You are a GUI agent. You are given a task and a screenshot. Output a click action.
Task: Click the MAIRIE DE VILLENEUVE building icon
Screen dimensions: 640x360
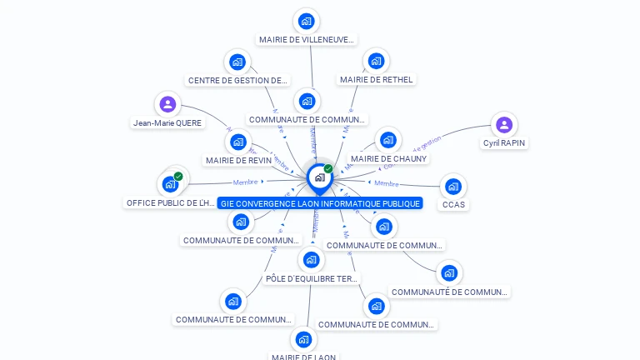pos(307,21)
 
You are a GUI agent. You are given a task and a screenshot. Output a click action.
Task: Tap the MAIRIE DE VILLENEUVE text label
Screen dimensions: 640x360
pos(307,39)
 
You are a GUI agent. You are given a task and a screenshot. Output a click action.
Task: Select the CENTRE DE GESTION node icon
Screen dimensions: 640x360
pos(237,62)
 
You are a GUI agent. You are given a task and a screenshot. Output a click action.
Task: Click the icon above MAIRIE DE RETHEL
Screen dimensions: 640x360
pos(376,60)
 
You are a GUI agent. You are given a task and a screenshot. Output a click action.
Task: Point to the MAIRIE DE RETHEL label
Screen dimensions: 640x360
pos(376,80)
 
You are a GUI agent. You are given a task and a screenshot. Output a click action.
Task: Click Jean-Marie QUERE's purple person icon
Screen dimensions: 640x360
pos(167,104)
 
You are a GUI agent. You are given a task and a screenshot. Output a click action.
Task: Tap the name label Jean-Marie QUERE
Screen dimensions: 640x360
pos(167,122)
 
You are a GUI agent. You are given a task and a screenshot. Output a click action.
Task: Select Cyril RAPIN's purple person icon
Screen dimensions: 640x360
pos(503,125)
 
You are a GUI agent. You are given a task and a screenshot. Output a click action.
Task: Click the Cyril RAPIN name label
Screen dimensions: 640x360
pos(504,143)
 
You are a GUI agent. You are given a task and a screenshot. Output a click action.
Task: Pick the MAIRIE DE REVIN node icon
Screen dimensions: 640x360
pos(238,142)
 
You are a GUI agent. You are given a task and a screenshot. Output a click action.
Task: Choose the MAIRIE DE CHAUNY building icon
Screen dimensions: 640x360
pos(387,140)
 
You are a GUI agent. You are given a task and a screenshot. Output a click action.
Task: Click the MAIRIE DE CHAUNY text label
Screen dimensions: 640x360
pos(388,159)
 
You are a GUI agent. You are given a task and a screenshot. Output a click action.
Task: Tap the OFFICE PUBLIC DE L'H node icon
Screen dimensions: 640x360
pos(169,184)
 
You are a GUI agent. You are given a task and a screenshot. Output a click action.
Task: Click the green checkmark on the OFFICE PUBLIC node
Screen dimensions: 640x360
pos(178,177)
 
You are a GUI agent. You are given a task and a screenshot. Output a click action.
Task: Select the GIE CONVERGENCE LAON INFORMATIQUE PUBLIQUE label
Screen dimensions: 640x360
pos(320,203)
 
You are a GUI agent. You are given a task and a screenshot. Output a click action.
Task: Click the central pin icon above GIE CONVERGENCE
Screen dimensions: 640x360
pos(319,177)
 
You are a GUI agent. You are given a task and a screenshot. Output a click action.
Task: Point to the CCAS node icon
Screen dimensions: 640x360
pos(452,186)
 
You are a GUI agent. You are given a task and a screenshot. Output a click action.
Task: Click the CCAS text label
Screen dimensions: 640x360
pos(453,204)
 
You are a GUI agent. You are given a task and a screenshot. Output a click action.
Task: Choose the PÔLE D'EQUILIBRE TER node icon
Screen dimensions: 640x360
pos(311,260)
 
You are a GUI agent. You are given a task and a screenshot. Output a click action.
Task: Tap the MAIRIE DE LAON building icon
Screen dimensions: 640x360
pos(303,339)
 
